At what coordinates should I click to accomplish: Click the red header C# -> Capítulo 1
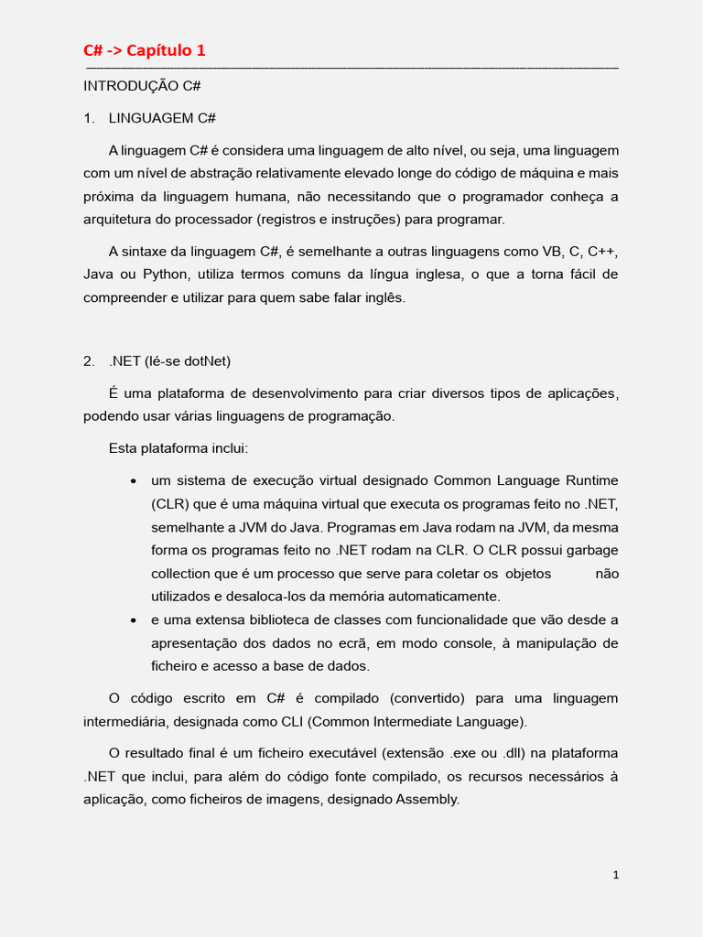pos(144,50)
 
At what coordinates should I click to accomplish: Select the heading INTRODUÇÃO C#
pos(142,86)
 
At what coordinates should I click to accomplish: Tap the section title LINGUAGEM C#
pos(162,118)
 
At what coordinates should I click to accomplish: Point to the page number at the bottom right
pos(616,875)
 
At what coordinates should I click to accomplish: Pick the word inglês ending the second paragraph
pos(384,297)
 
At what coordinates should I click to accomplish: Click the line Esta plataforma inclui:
pos(178,448)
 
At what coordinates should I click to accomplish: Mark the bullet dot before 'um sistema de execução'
pos(134,481)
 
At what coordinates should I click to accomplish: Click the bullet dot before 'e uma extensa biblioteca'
pos(134,620)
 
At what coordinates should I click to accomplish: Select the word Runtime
pos(591,480)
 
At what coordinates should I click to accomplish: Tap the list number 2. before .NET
pos(89,361)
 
